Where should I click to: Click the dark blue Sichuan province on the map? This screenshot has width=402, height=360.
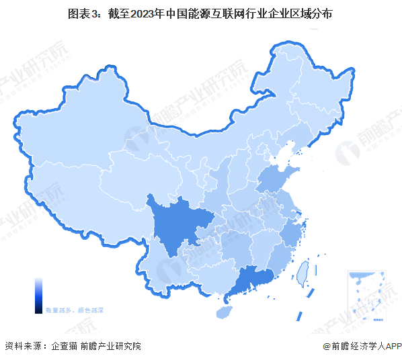click(x=176, y=225)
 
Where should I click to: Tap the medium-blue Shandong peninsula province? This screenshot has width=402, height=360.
click(x=277, y=179)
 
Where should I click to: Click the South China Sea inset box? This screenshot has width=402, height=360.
click(x=367, y=295)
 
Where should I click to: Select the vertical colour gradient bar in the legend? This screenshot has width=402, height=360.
click(x=39, y=295)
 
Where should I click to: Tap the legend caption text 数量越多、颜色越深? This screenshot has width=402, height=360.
click(x=69, y=311)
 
